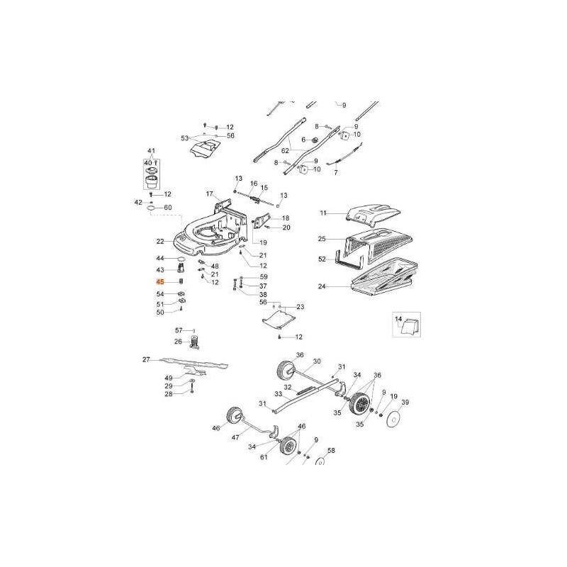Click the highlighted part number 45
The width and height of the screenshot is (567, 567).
(x=160, y=281)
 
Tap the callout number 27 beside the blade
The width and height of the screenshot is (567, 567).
(x=146, y=360)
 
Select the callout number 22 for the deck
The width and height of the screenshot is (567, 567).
(x=160, y=241)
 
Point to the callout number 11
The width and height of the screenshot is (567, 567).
(x=323, y=213)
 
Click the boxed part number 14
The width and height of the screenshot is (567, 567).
(x=397, y=319)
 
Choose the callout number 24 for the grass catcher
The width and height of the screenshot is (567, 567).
(x=322, y=287)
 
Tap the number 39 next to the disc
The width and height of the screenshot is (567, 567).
(x=405, y=403)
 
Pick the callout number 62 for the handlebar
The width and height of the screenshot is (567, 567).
(x=265, y=150)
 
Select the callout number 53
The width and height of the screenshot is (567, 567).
(x=185, y=138)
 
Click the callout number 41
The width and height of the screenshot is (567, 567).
(x=150, y=152)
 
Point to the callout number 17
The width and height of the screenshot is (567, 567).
(x=210, y=193)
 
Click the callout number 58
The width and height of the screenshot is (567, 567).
(x=330, y=451)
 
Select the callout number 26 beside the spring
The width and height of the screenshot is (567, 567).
(x=179, y=342)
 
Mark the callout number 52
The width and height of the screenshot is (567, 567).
(x=322, y=259)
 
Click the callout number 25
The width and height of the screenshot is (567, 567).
(x=322, y=239)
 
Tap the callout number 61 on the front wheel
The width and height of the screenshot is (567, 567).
(x=265, y=459)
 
